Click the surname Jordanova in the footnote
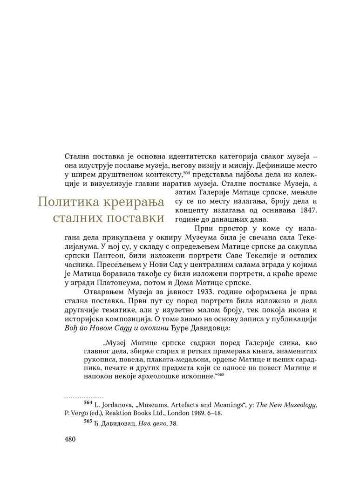click(114, 405)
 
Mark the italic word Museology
click(299, 405)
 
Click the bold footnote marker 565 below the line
click(88, 421)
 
